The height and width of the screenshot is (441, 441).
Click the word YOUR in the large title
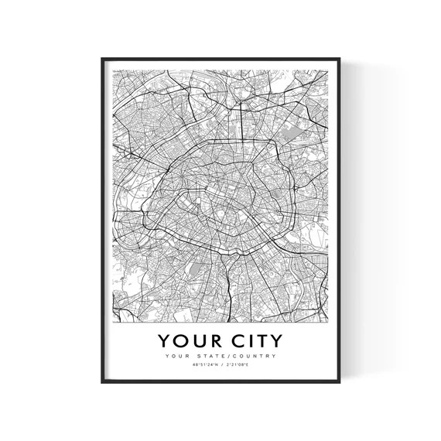(190, 340)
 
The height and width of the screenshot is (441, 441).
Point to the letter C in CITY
(231, 340)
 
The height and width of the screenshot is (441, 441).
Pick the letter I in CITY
(244, 340)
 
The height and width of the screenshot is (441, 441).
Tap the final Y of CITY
(275, 340)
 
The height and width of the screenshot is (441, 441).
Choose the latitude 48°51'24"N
(203, 366)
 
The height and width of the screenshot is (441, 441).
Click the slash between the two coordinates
(221, 366)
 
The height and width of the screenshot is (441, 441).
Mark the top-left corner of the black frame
(101, 56)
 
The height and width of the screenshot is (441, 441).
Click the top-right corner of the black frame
(340, 56)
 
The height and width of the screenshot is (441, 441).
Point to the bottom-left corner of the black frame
(101, 383)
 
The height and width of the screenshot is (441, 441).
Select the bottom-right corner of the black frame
(340, 383)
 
